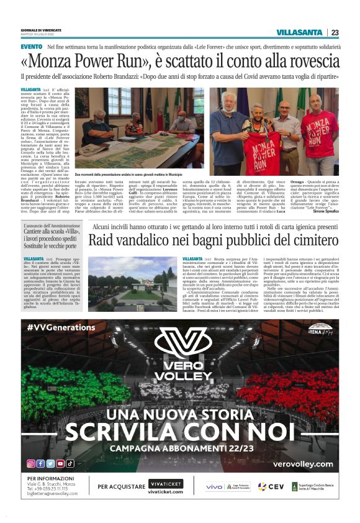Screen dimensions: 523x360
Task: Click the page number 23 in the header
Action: click(x=335, y=32)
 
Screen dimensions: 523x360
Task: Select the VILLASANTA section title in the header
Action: click(x=299, y=32)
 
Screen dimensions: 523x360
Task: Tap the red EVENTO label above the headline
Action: click(x=31, y=47)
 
